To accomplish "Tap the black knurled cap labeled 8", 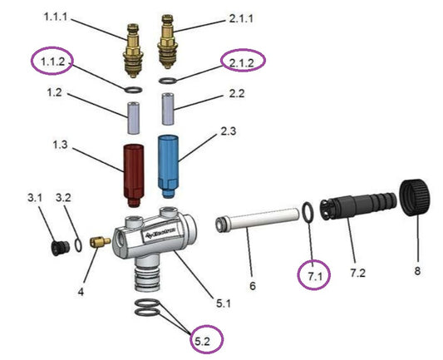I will [416, 200].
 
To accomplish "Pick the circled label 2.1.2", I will [242, 60].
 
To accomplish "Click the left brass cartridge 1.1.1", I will [134, 52].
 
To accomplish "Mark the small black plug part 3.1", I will [59, 248].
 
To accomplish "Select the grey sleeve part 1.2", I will [134, 116].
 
